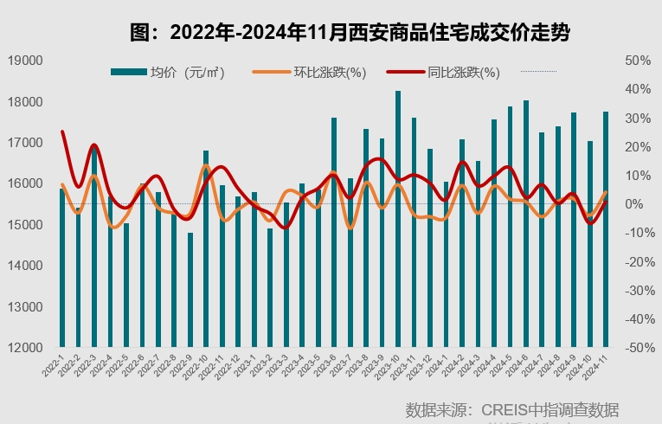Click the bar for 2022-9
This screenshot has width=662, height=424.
coord(190,290)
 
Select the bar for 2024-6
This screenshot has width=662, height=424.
coord(526,224)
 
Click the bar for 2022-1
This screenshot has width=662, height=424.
coord(62,268)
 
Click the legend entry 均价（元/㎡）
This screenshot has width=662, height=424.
coord(168,73)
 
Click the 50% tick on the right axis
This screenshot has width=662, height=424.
coord(638,61)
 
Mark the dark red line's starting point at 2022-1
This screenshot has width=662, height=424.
coord(62,132)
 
